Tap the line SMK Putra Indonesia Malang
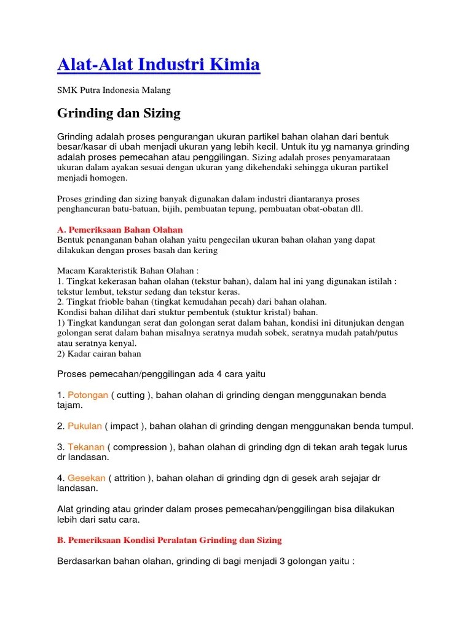tap(114, 90)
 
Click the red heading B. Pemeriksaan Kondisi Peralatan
tap(169, 540)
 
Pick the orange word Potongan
tap(88, 395)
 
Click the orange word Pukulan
tap(85, 426)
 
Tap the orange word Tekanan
tap(87, 447)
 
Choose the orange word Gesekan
tap(86, 477)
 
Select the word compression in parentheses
tap(140, 447)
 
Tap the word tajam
tap(69, 405)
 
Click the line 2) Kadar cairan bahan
tap(99, 353)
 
